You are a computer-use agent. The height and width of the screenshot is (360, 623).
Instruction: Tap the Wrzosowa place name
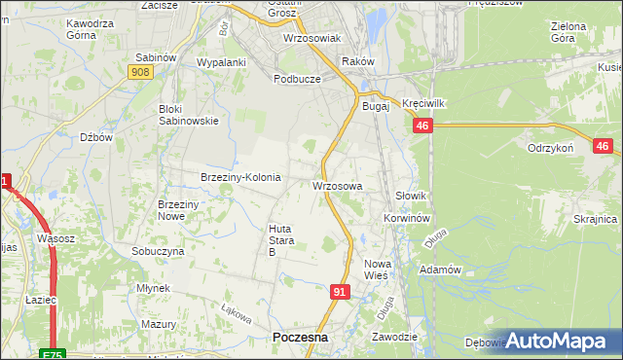[x=338, y=185]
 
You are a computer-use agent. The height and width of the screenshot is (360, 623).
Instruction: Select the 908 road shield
[x=139, y=73]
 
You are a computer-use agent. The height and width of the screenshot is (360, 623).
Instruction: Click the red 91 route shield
[x=339, y=292]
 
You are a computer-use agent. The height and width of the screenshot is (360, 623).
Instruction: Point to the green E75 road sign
[x=54, y=354]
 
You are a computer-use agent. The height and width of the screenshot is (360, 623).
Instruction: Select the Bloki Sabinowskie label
[x=189, y=115]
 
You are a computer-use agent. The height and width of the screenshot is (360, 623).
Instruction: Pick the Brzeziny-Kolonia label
[x=240, y=177]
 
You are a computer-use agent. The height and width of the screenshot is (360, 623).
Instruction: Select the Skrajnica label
[x=595, y=220]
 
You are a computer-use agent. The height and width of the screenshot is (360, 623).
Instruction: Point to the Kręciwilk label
[x=423, y=103]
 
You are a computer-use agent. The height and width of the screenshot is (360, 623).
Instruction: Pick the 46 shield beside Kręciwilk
[x=422, y=126]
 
